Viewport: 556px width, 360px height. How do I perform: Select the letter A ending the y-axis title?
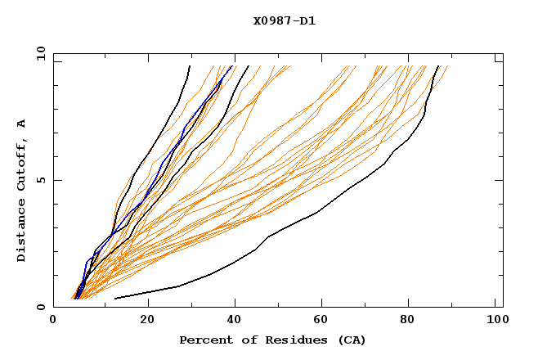click(22, 124)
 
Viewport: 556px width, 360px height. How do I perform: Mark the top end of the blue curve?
click(231, 66)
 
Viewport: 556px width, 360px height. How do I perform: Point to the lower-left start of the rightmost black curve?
click(114, 299)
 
